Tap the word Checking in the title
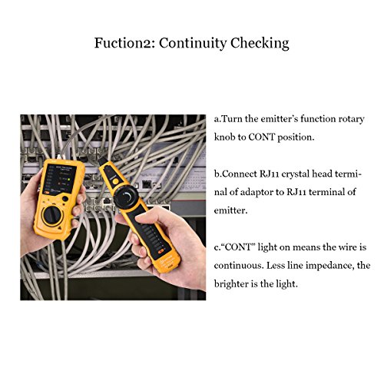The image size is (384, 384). pyautogui.click(x=260, y=44)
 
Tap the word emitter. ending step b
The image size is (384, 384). pyautogui.click(x=231, y=210)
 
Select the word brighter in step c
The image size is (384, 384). pyautogui.click(x=233, y=284)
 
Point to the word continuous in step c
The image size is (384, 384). pyautogui.click(x=239, y=266)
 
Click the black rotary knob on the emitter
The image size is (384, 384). pyautogui.click(x=52, y=215)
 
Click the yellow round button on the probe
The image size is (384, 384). pyautogui.click(x=116, y=181)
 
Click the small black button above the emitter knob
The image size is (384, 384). pyautogui.click(x=65, y=199)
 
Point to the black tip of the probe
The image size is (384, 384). pyautogui.click(x=101, y=161)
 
